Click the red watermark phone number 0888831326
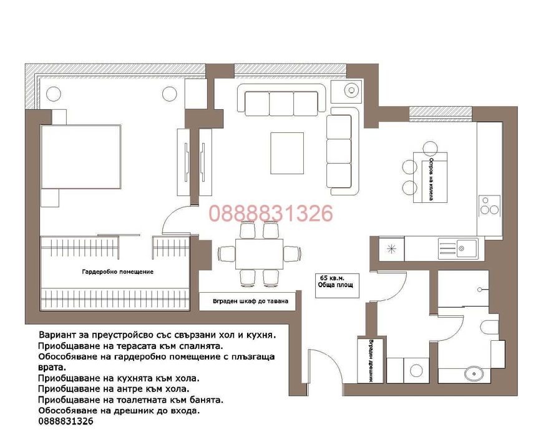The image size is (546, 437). tap(271, 214)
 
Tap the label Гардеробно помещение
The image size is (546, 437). tap(118, 272)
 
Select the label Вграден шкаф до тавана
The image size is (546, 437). tap(250, 301)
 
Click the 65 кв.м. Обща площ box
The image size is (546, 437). tap(337, 285)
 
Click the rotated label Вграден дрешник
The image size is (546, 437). tap(371, 361)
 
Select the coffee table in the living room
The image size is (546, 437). tap(287, 153)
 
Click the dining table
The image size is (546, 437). tap(259, 253)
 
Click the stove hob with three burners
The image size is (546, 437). tap(489, 205)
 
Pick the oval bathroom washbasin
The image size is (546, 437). tap(474, 374)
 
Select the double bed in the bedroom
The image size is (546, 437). tap(80, 157)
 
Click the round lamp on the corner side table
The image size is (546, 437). tap(352, 91)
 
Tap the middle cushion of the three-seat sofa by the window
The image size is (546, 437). tap(281, 104)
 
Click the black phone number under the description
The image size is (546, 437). tap(66, 421)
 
